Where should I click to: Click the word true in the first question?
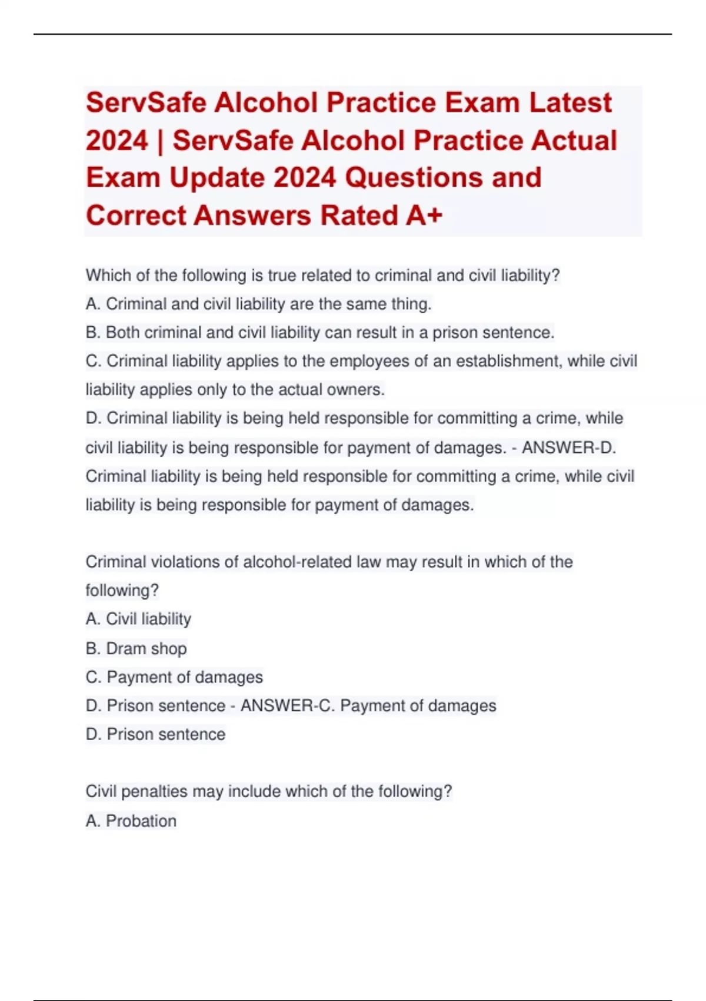[x=282, y=276]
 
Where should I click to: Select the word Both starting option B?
[x=122, y=333]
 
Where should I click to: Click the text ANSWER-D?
[x=569, y=448]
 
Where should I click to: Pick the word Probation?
[x=141, y=821]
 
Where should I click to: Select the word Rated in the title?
[x=358, y=216]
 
